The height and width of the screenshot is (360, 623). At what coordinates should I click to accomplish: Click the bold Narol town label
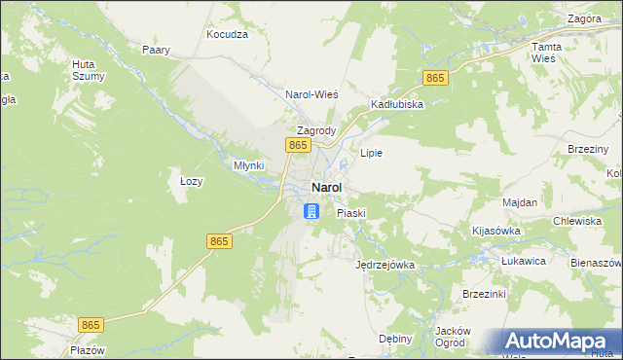pos(326,188)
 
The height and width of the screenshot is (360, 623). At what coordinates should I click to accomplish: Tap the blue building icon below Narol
pos(311,211)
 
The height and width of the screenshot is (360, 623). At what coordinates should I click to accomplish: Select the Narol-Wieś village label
pos(311,94)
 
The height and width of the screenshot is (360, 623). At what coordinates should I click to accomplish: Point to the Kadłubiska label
pos(396,104)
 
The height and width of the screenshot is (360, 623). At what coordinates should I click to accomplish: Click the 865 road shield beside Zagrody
pos(298,145)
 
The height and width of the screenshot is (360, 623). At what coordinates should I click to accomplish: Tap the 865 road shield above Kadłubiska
pos(435,78)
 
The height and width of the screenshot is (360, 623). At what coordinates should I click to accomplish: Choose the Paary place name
pos(156,50)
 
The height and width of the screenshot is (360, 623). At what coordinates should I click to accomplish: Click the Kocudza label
pos(228,34)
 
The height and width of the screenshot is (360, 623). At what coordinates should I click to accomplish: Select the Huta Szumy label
pos(83,71)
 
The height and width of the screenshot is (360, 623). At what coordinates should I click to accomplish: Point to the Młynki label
pos(248,165)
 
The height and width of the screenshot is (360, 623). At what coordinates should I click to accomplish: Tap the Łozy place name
pos(191,181)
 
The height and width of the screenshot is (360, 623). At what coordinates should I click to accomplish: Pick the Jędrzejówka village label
pos(385,264)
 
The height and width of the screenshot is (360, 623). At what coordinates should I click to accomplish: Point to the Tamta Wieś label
pos(543,53)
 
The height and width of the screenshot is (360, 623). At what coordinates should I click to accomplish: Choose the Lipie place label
pos(371,153)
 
